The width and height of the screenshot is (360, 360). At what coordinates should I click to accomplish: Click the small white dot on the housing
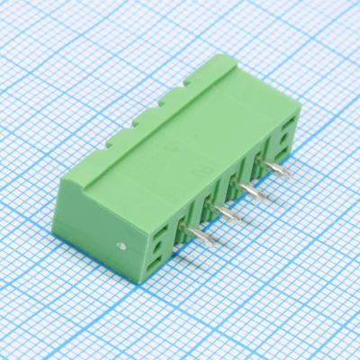(121, 244)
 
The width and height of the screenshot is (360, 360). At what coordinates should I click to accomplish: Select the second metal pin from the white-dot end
(229, 212)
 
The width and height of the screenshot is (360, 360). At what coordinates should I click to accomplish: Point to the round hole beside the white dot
(158, 240)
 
